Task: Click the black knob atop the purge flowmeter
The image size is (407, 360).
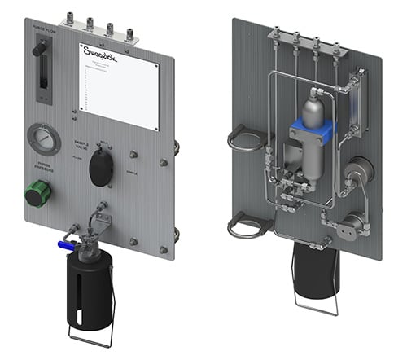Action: pos(37,50)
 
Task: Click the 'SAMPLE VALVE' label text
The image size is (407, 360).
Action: pos(86,144)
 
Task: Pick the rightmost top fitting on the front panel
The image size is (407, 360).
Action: pos(133,33)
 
